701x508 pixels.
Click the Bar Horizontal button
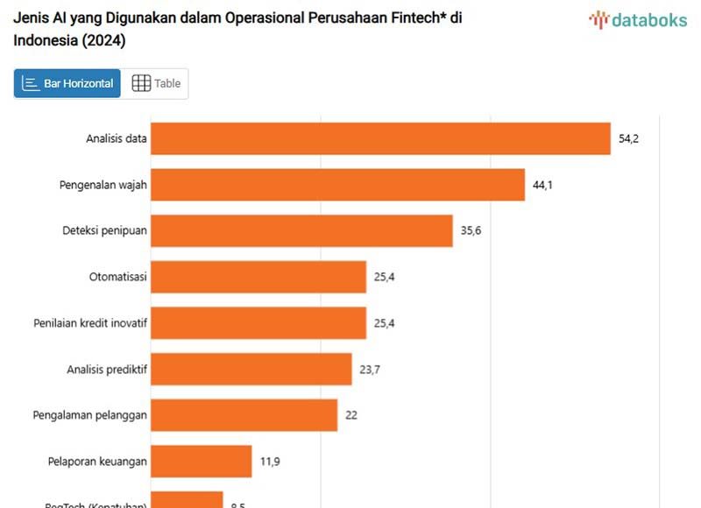67,83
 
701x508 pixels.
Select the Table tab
156,83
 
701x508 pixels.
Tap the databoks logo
638,19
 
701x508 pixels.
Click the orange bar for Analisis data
380,138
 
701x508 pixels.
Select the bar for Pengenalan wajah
337,185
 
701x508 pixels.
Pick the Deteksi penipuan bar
301,230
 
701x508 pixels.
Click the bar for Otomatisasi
258,277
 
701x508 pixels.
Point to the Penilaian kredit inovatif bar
258,323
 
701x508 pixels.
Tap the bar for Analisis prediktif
251,369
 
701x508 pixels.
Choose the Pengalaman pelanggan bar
244,415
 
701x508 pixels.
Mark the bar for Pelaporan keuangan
202,461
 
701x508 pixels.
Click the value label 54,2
628,138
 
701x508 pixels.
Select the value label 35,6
471,230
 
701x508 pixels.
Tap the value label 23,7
370,369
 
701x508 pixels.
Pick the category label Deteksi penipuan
104,230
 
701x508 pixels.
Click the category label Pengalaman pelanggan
89,415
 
